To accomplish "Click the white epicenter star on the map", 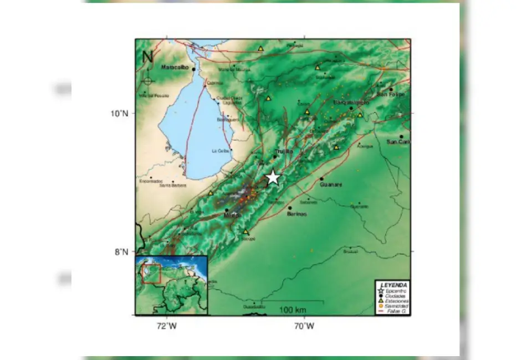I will coord(273,177).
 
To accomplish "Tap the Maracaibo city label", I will coord(175,68).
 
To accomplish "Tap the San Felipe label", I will coord(391,94).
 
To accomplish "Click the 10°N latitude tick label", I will coord(119,114).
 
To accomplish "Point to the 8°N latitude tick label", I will coord(121,252).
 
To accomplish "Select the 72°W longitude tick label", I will coord(166,326).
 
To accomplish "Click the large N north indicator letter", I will coord(147,56).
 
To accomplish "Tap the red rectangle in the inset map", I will coord(151,273).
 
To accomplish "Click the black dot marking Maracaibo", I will coord(193,69).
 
